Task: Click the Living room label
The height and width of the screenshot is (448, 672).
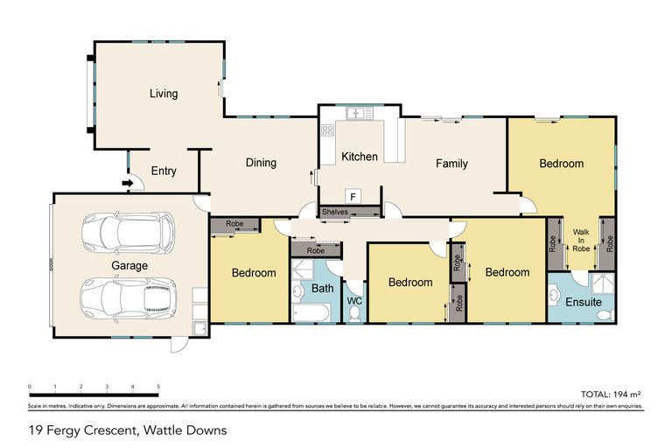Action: pos(163,94)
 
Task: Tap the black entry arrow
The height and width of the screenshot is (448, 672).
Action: pos(127,183)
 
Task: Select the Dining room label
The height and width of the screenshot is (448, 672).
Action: pos(261,162)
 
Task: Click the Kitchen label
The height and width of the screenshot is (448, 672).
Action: pos(359,157)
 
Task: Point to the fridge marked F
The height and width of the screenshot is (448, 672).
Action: pos(354,195)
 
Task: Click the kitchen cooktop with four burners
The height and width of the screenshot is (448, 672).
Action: pos(328,131)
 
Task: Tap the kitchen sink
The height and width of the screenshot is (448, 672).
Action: pos(358,113)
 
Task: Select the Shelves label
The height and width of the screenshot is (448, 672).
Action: pos(336,211)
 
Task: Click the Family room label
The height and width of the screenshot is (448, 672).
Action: pos(451,163)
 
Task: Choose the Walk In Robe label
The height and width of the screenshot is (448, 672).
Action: pos(581,240)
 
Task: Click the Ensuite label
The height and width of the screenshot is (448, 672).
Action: pos(584,302)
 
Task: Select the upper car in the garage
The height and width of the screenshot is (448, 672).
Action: pos(127,233)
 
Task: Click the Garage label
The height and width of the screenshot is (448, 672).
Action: pos(129,265)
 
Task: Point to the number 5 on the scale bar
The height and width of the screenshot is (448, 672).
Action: pos(158,386)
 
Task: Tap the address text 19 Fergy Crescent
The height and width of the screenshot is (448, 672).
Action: pos(128,430)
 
